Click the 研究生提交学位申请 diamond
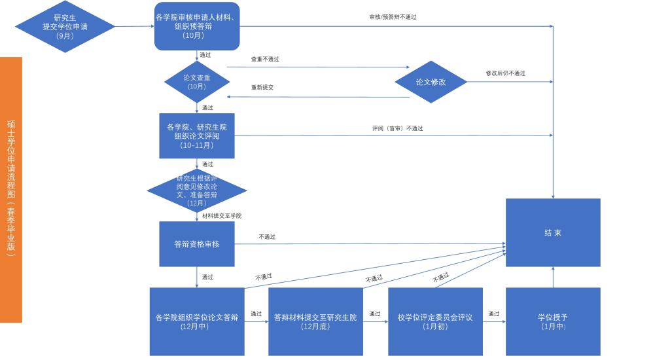(65, 26)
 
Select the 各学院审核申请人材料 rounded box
(197, 26)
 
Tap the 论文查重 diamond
(196, 82)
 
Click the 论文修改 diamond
(431, 82)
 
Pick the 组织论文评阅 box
(197, 135)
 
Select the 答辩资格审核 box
(197, 244)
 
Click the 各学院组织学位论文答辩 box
(197, 321)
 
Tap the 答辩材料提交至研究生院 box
(315, 321)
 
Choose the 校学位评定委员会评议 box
(435, 321)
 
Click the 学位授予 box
(553, 321)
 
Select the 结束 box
(553, 232)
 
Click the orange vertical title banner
(11, 190)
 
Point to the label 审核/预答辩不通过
(393, 17)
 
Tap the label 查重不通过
(265, 59)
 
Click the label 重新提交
(262, 87)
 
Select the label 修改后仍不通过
(505, 73)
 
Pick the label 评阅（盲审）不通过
(397, 128)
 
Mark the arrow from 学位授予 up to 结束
(553, 278)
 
